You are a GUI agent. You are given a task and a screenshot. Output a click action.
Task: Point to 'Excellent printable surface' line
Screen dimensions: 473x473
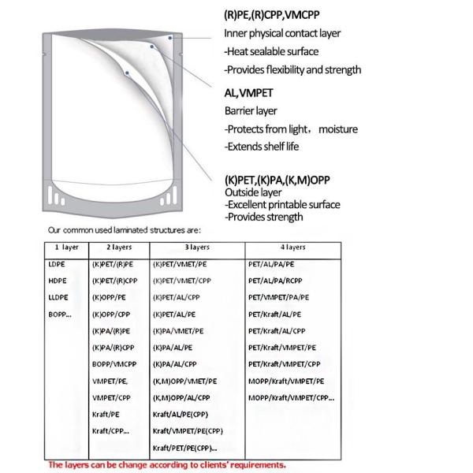(x=282, y=205)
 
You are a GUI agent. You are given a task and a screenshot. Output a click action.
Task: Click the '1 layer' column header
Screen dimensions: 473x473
(x=58, y=247)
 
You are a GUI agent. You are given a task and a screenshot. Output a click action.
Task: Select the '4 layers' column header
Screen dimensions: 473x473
(x=293, y=247)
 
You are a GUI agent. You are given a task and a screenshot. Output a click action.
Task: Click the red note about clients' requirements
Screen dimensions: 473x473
(x=167, y=464)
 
